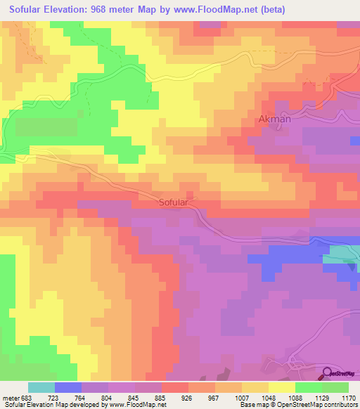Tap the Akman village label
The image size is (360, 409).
tap(275, 119)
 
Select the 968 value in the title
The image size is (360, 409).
tap(124, 9)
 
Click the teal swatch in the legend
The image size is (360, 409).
tap(41, 387)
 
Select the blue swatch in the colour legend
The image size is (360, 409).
tap(68, 387)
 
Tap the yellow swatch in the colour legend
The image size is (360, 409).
tap(281, 387)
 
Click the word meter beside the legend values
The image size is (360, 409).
tap(10, 398)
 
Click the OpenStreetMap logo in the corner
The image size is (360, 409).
tap(340, 373)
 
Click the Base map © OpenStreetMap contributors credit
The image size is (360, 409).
tap(297, 405)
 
